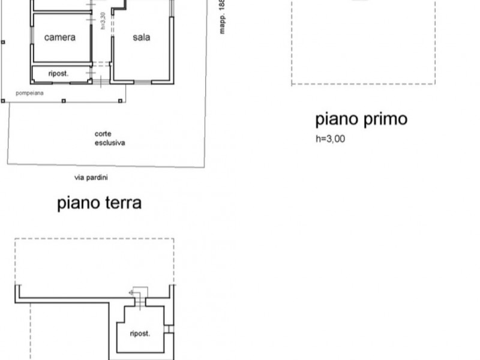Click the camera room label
pos(60,37)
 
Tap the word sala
pos(142,37)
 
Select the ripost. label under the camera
pos(59,74)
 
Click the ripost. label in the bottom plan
pos(139,334)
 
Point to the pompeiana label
pos(30,94)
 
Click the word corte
pos(103,134)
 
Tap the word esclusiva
pos(109,143)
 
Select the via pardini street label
pos(91,178)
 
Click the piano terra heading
pos(100,203)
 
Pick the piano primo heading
pos(361,119)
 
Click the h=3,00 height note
pos(331,139)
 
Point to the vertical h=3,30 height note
pos(104,20)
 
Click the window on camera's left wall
pos(32,36)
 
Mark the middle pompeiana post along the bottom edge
pos(63,101)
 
